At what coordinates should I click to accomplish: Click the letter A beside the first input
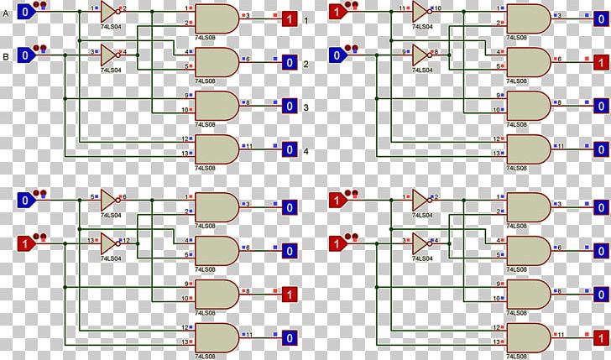[x=7, y=12]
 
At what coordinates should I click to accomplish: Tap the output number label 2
[x=306, y=64]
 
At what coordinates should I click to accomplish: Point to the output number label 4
[x=306, y=151]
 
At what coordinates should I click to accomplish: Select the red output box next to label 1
[x=288, y=18]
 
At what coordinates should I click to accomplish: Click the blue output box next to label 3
[x=288, y=106]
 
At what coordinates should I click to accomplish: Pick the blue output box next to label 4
[x=288, y=149]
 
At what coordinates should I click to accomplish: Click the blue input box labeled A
[x=25, y=12]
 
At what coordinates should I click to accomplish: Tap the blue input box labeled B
[x=25, y=55]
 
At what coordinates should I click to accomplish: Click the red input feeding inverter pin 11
[x=338, y=12]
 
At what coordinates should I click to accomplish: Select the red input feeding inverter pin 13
[x=25, y=244]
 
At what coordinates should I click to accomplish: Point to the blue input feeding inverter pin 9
[x=338, y=55]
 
